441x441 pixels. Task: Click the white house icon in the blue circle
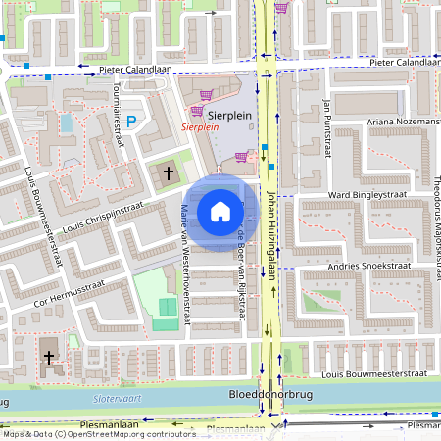point(220,211)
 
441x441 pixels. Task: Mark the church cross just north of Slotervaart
point(49,359)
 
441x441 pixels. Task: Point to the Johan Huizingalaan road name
point(271,220)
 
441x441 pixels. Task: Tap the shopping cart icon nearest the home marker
point(242,155)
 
